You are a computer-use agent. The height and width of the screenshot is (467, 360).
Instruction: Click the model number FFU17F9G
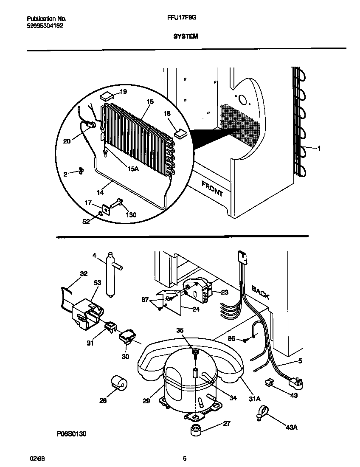pos(179,19)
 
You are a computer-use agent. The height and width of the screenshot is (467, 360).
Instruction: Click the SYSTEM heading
pos(186,37)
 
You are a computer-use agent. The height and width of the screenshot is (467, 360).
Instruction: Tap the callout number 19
pos(123,92)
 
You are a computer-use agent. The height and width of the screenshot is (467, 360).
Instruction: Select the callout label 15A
pos(133,169)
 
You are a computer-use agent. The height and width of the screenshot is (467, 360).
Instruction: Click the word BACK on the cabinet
pos(260,293)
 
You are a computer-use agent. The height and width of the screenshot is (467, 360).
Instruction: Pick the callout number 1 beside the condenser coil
pos(319,148)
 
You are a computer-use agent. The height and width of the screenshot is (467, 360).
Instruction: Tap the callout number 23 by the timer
pos(225,292)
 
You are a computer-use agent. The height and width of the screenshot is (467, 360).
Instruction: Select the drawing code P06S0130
pos(73,434)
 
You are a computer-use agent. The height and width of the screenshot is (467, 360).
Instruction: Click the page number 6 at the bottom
pos(184,458)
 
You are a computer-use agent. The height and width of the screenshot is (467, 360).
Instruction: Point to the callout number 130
pos(132,215)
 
